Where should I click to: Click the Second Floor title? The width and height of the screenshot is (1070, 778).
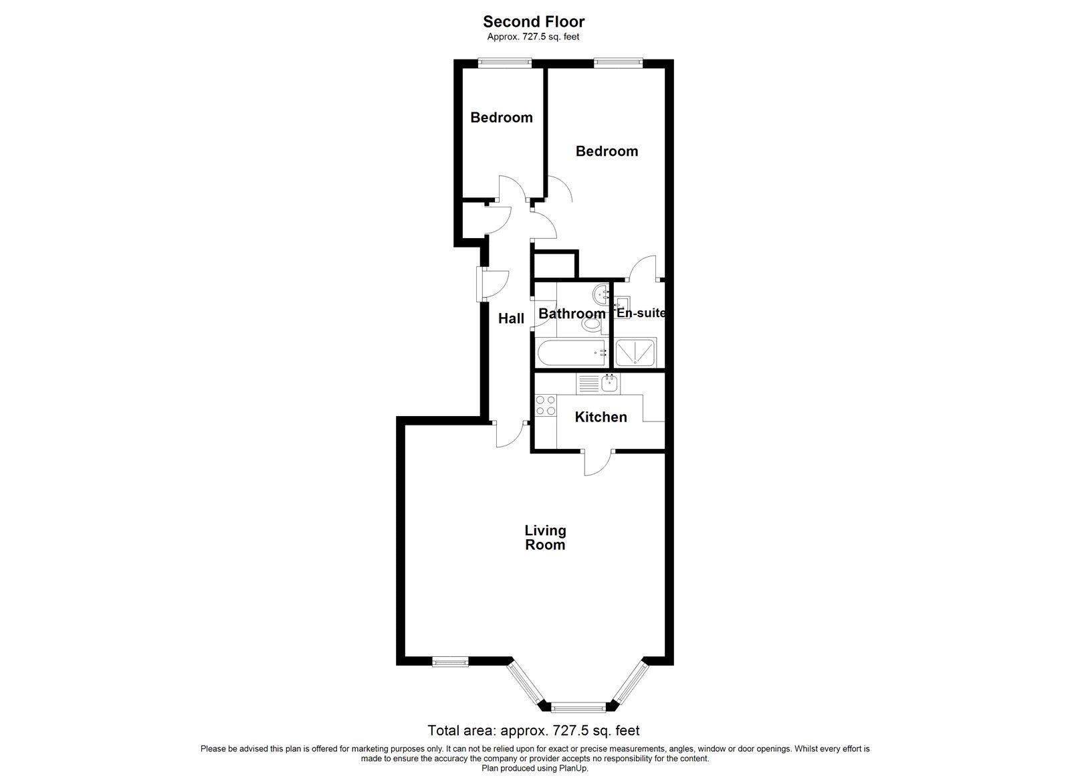534,22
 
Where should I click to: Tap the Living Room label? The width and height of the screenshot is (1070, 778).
545,538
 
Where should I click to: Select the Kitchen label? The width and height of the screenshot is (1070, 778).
601,417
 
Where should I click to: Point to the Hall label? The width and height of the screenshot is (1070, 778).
511,319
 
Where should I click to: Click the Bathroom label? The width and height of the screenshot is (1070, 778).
572,314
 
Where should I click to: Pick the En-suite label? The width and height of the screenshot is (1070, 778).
641,312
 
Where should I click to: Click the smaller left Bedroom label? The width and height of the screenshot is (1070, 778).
502,118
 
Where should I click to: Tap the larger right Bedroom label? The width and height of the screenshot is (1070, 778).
607,151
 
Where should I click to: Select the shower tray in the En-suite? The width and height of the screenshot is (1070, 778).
636,352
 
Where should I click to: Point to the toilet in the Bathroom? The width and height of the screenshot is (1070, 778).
591,324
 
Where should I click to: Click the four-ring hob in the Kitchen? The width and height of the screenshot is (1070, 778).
545,405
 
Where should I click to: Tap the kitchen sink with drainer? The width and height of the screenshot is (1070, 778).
599,383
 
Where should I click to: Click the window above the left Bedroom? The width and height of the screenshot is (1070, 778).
505,64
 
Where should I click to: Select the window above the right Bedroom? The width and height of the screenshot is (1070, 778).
618,64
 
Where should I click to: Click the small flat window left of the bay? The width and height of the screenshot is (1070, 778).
449,662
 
